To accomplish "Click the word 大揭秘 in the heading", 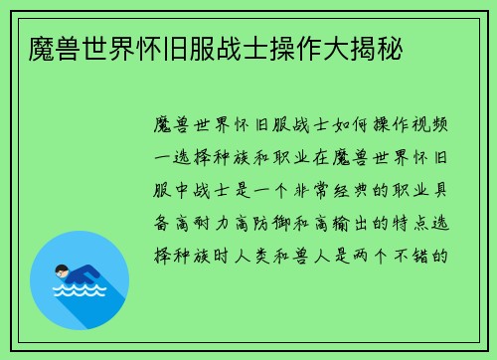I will click(372, 48).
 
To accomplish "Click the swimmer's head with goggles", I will click(63, 270).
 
